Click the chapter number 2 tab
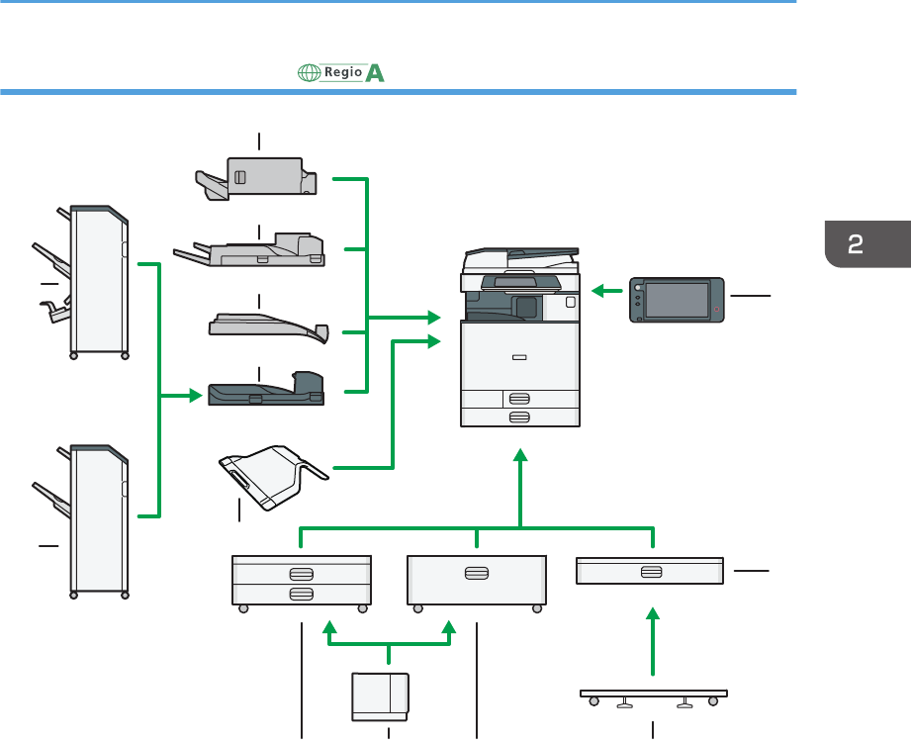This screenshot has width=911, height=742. [x=867, y=245]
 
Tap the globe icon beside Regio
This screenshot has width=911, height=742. [x=308, y=73]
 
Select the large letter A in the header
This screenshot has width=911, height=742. [x=375, y=73]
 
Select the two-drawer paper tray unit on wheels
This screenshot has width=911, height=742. [x=301, y=581]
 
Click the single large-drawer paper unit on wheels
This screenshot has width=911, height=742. [x=477, y=581]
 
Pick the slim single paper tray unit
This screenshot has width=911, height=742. [x=651, y=572]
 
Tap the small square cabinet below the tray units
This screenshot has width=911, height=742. [x=381, y=695]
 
